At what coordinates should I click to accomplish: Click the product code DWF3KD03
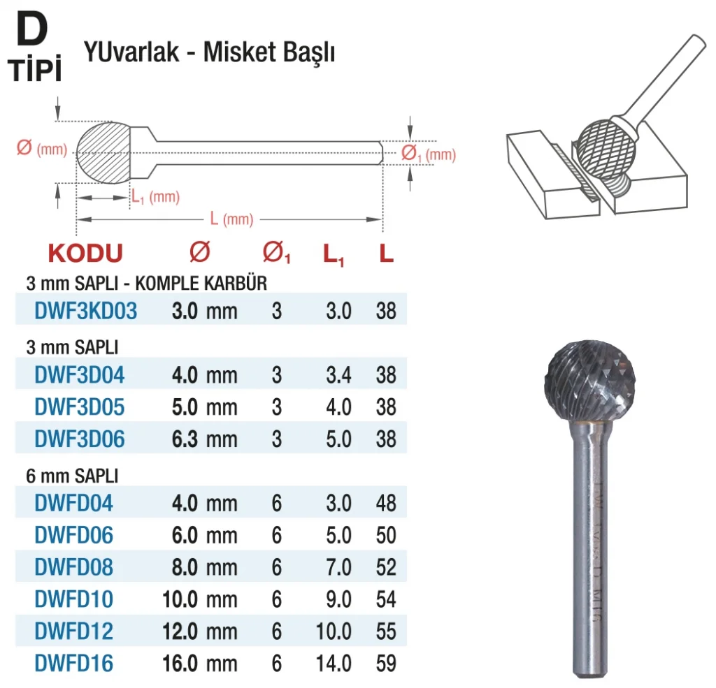tap(86, 311)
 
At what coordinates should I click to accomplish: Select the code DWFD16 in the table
tap(73, 664)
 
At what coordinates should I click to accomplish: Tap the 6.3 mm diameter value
tap(205, 439)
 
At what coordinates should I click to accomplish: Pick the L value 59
tap(386, 664)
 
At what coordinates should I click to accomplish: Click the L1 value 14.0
tap(334, 664)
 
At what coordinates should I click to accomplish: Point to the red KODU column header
tap(85, 254)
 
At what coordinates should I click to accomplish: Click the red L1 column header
tap(334, 255)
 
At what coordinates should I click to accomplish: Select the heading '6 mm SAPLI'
tap(72, 476)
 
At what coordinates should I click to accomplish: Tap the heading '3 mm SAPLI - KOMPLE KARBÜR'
tap(147, 284)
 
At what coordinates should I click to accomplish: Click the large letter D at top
tap(32, 29)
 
